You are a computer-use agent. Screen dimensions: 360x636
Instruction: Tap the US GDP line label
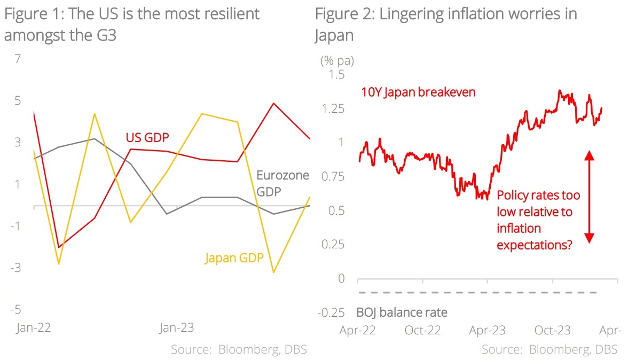pyautogui.click(x=147, y=137)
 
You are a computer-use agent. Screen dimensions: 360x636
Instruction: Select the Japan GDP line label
pyautogui.click(x=234, y=259)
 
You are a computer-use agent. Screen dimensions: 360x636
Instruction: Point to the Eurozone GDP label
pyautogui.click(x=282, y=183)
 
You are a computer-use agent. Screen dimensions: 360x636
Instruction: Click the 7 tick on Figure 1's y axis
pyautogui.click(x=18, y=59)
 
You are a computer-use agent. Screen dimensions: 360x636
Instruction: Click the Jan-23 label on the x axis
pyautogui.click(x=177, y=328)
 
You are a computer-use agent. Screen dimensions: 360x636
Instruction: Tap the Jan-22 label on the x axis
pyautogui.click(x=33, y=328)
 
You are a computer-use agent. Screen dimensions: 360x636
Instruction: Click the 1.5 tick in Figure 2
pyautogui.click(x=337, y=74)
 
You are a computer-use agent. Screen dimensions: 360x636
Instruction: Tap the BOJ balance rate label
pyautogui.click(x=402, y=312)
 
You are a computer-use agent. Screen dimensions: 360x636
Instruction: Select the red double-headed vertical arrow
pyautogui.click(x=589, y=197)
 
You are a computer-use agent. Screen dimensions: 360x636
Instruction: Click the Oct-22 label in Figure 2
pyautogui.click(x=422, y=330)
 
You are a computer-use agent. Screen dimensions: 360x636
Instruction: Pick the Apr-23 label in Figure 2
pyautogui.click(x=487, y=330)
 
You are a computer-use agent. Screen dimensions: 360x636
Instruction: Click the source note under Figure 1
pyautogui.click(x=239, y=349)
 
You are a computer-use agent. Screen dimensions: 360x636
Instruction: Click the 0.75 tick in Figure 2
pyautogui.click(x=334, y=176)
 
